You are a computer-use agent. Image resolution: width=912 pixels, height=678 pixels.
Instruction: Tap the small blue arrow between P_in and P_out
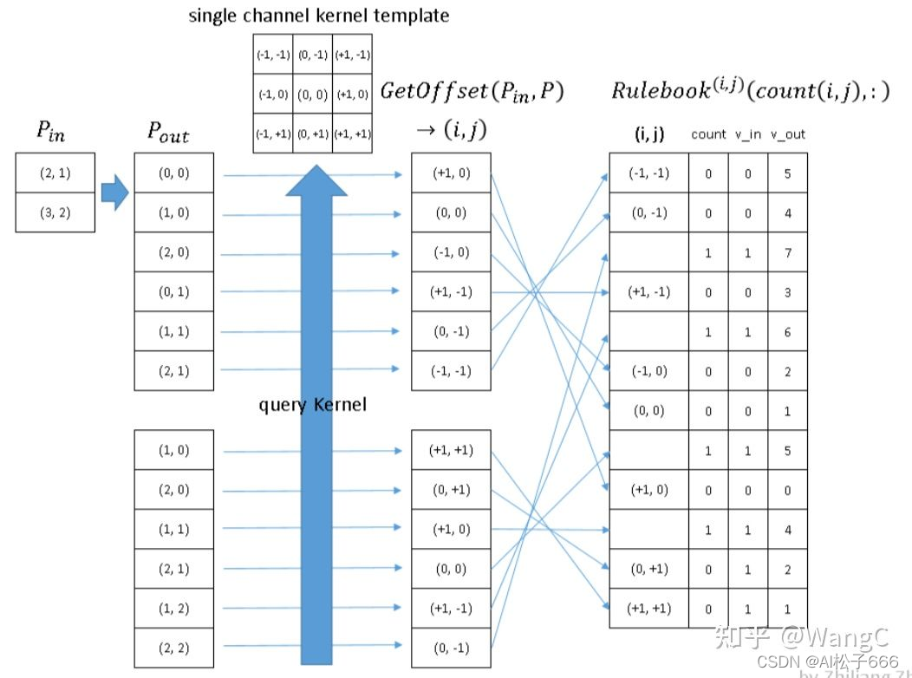[114, 192]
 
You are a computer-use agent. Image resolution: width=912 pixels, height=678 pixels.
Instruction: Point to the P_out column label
[168, 133]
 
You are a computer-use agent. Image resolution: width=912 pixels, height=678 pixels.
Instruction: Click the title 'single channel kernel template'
[319, 16]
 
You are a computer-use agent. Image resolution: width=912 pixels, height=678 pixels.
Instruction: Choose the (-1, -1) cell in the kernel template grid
[272, 55]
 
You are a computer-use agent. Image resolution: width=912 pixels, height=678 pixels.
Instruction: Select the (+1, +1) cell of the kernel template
[352, 134]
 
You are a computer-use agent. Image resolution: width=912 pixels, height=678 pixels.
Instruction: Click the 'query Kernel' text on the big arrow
[313, 405]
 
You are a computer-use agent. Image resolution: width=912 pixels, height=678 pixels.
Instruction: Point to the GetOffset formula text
[472, 92]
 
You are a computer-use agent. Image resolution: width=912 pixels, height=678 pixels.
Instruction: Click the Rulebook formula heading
[751, 90]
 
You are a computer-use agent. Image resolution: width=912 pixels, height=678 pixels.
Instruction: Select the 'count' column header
[708, 134]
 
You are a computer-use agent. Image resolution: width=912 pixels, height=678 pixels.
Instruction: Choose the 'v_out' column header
[787, 134]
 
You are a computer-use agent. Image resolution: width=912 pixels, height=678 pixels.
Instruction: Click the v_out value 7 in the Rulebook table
[787, 252]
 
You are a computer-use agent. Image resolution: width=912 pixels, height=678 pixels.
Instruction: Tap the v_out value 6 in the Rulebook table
[787, 332]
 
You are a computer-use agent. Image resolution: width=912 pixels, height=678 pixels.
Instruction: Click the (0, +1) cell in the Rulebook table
[648, 569]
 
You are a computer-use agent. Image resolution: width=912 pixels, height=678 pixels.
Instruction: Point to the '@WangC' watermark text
[831, 638]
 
